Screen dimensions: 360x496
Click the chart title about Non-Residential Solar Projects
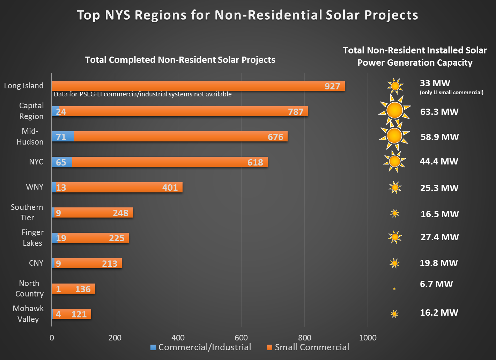click(x=247, y=15)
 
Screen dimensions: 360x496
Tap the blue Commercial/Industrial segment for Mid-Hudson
click(x=63, y=137)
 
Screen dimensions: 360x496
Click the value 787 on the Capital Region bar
click(x=296, y=112)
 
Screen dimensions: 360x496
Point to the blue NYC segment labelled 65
click(x=62, y=162)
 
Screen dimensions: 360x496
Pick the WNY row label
click(x=35, y=187)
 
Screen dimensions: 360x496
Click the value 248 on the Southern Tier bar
click(x=120, y=213)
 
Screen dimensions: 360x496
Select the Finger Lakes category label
click(x=32, y=238)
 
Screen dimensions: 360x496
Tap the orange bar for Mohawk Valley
click(x=73, y=314)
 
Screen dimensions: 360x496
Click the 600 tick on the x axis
click(x=241, y=338)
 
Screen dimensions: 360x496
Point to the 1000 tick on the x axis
click(x=368, y=338)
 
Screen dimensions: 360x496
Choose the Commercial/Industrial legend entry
click(x=201, y=347)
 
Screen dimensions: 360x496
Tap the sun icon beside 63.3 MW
click(x=395, y=111)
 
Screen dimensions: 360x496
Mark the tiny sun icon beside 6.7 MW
click(x=394, y=289)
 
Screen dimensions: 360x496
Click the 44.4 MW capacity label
click(x=439, y=161)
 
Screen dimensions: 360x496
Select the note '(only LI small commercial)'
click(x=452, y=93)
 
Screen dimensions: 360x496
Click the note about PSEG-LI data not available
click(x=143, y=94)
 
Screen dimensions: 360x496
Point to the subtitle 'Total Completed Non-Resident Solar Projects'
click(x=180, y=60)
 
